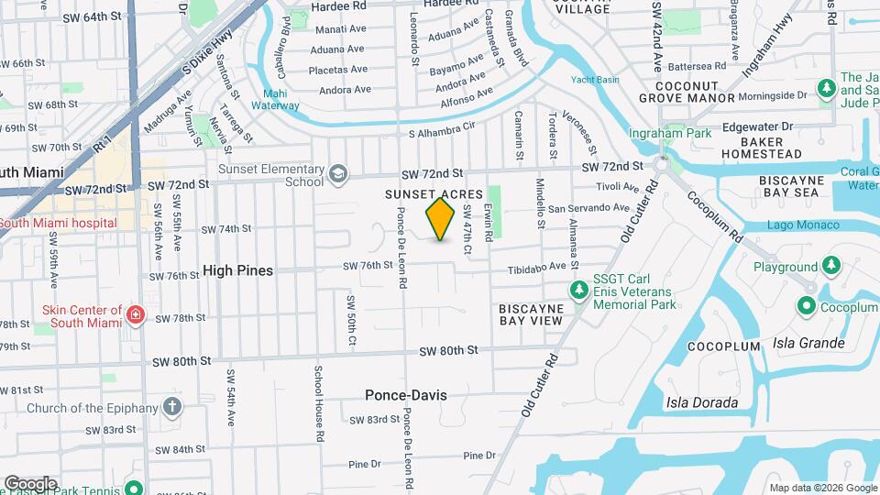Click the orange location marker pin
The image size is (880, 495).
point(441,219)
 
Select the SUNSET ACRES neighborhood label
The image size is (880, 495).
point(434,194)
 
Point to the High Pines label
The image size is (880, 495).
point(237,271)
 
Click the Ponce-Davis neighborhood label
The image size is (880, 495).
point(406,395)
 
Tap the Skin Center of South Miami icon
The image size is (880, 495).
point(136,316)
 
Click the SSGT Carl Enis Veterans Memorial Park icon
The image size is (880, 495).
point(578,291)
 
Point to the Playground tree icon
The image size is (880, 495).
point(830,266)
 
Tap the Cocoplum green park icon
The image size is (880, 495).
point(808,307)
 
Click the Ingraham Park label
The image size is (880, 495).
point(657,133)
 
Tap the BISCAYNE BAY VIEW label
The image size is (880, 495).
point(531,314)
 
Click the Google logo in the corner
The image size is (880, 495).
point(30,483)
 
